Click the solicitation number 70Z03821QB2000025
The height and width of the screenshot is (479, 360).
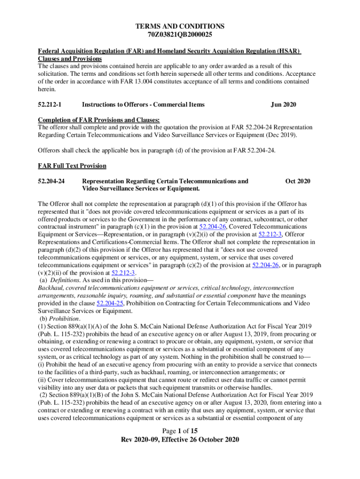pyautogui.click(x=180, y=35)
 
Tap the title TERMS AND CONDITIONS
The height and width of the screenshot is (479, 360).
pyautogui.click(x=180, y=26)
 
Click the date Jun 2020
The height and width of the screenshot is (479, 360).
pyautogui.click(x=283, y=104)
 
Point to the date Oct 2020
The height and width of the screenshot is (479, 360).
pyautogui.click(x=297, y=181)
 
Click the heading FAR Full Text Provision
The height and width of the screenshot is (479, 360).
pyautogui.click(x=72, y=166)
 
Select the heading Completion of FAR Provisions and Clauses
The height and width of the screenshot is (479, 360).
pyautogui.click(x=99, y=120)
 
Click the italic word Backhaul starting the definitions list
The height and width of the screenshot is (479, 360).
pyautogui.click(x=51, y=288)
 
